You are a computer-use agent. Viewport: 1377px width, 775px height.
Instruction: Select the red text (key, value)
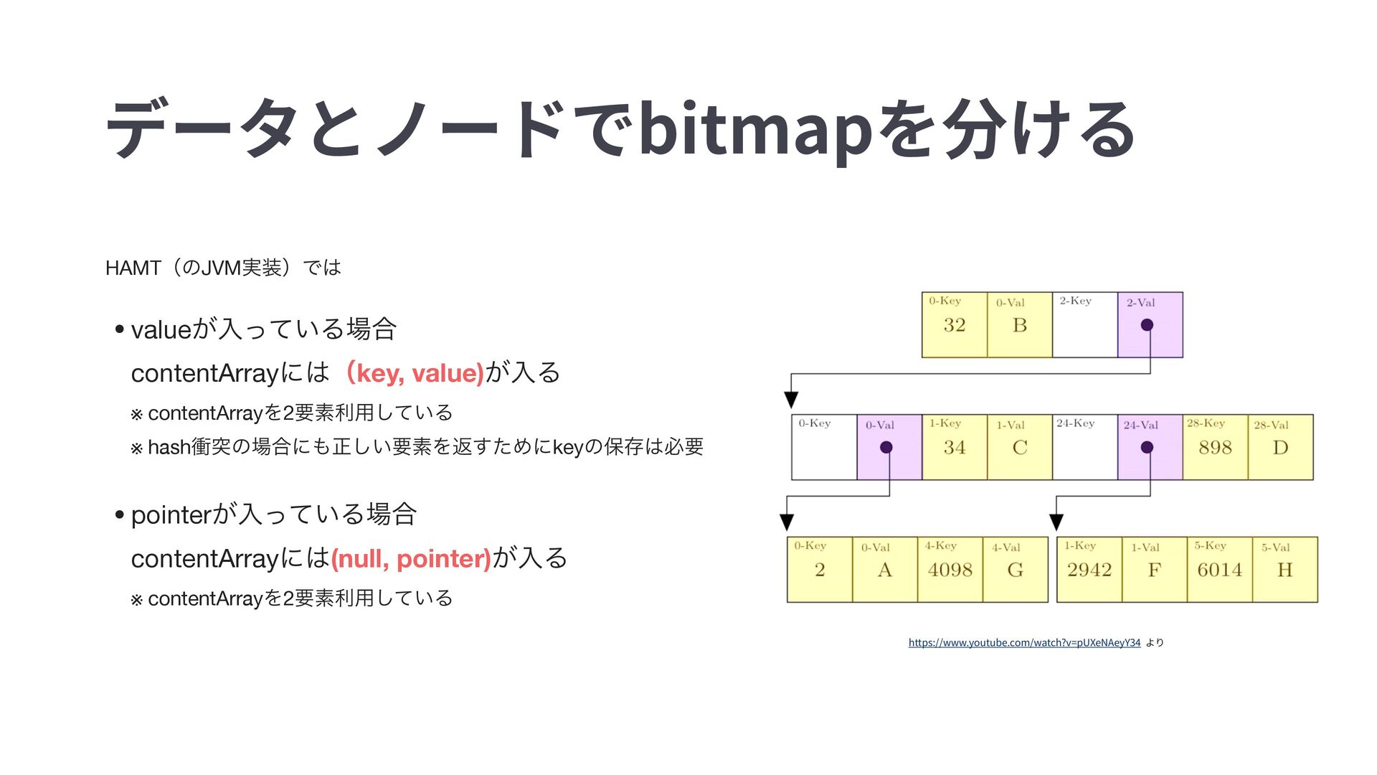point(415,373)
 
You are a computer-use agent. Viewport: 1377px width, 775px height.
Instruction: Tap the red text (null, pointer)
point(411,558)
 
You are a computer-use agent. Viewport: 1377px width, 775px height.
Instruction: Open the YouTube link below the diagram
point(1024,642)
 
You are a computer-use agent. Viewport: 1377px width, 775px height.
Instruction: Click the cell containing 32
point(954,325)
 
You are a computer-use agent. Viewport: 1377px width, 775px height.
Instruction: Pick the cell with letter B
point(1019,325)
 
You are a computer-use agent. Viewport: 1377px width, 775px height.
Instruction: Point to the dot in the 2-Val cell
point(1147,325)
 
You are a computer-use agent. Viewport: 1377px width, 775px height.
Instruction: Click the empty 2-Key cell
point(1084,325)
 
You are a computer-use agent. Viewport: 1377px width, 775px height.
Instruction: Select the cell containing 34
point(954,448)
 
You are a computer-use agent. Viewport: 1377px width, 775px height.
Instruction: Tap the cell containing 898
point(1215,448)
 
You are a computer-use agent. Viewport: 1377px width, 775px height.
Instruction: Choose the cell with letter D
point(1280,448)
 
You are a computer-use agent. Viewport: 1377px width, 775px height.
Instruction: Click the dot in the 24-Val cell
point(1147,448)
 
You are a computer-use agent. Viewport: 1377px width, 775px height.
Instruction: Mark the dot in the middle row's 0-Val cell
point(886,448)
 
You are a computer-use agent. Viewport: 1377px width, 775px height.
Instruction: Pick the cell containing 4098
point(950,570)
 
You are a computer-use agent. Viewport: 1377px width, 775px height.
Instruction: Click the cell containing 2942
point(1089,570)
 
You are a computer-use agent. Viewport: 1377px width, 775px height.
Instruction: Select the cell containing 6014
point(1219,570)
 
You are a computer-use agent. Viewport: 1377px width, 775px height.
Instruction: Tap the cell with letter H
point(1284,570)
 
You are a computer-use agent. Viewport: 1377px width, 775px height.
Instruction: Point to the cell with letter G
point(1015,570)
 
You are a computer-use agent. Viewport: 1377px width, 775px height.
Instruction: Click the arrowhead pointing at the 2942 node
point(1056,522)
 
